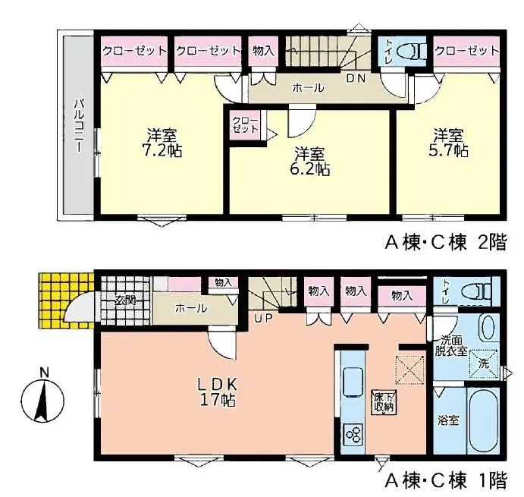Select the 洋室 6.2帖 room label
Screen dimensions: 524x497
[310, 162]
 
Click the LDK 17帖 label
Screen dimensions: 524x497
[218, 392]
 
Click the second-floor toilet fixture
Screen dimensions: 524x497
[410, 52]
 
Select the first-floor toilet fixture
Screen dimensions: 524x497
[476, 291]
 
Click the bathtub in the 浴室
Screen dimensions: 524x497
[483, 420]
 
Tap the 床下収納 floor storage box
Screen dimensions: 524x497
[384, 402]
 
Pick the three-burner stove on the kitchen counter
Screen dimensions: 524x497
[353, 435]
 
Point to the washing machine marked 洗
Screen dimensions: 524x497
[485, 364]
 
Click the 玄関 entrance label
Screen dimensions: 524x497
[125, 300]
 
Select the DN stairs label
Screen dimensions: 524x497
[356, 78]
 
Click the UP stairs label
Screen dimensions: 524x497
[263, 318]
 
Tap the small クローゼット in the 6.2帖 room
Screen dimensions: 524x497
[246, 124]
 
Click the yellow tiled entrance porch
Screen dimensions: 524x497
[65, 300]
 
